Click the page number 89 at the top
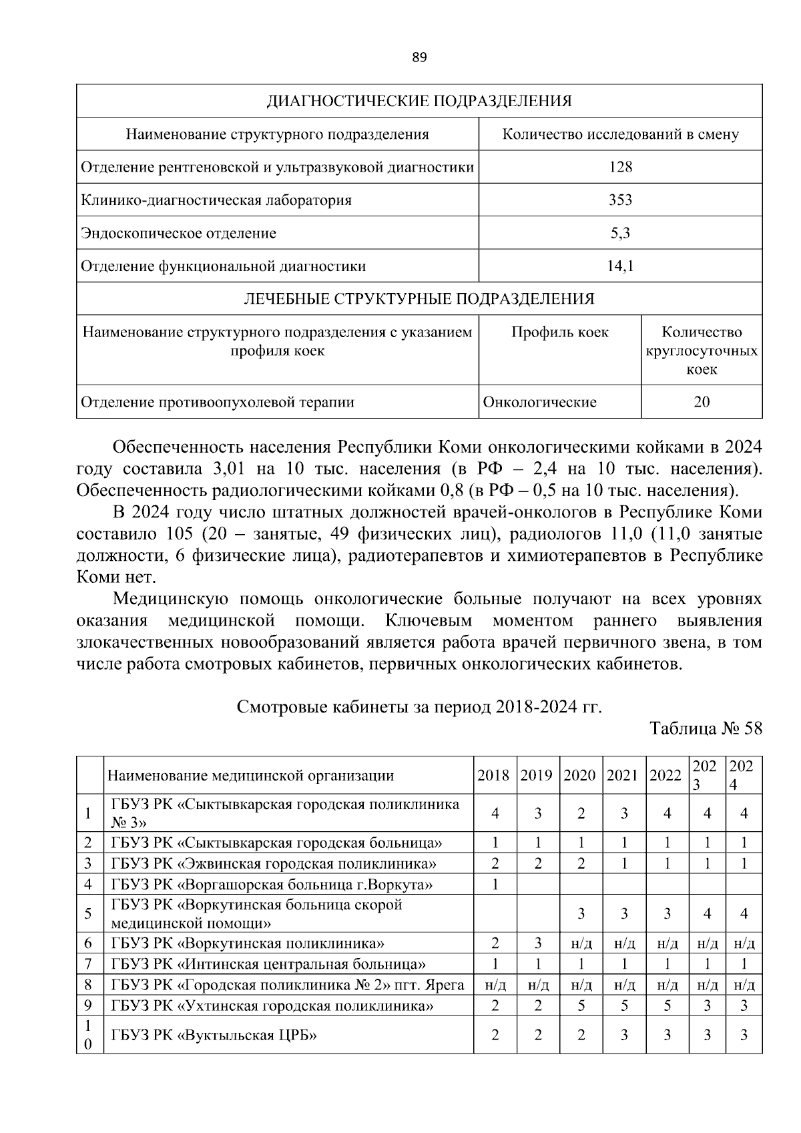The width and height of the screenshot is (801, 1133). point(419,57)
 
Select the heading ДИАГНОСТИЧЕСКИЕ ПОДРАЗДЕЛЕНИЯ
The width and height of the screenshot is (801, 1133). point(419,101)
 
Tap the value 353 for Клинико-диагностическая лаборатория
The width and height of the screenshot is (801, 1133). point(620,200)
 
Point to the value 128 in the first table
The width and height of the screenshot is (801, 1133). point(620,167)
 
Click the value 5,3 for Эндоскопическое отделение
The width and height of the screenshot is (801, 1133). point(620,233)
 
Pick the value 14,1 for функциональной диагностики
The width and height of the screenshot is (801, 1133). point(620,266)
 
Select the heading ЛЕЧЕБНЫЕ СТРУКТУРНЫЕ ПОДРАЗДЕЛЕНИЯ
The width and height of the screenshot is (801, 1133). point(419,299)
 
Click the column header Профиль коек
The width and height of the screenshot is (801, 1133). point(560,332)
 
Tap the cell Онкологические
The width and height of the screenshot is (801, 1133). point(539,403)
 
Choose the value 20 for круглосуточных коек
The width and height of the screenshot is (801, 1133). point(702,403)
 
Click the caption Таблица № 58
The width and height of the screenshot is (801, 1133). point(706,728)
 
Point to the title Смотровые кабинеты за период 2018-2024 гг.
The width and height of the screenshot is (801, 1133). point(419,707)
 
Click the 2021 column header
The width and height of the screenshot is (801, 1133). point(623,776)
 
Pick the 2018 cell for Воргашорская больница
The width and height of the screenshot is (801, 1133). point(495,885)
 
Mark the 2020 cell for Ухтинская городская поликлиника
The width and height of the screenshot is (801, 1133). point(581,1006)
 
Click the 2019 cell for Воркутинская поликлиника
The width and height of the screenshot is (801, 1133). point(538,943)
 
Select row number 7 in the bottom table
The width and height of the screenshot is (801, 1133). point(88,964)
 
